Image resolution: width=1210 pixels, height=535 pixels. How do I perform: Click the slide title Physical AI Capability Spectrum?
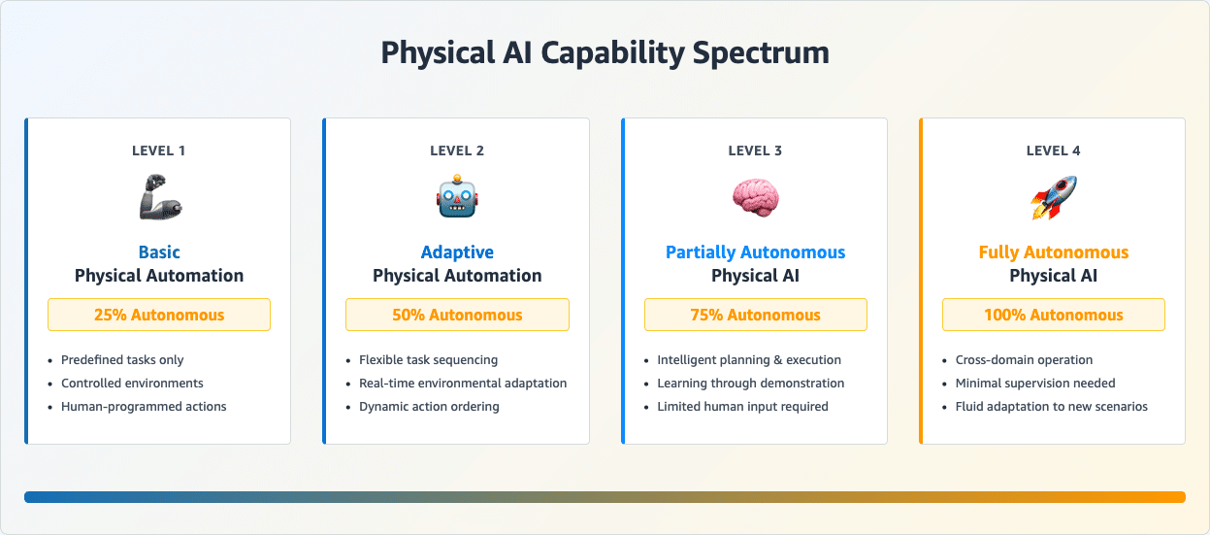click(x=605, y=53)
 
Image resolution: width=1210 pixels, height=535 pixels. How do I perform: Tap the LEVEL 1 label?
click(x=159, y=150)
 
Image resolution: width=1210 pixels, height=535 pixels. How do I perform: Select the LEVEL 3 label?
click(x=755, y=150)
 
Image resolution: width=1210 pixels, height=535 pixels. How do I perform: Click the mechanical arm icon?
click(x=160, y=197)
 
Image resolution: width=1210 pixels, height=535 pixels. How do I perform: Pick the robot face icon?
click(x=457, y=197)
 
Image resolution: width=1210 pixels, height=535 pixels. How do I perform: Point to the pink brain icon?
click(x=755, y=198)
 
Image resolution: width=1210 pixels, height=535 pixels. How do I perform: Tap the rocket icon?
click(x=1054, y=198)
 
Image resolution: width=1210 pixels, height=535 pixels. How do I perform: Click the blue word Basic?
click(x=159, y=252)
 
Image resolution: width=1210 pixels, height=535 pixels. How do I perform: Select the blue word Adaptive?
click(x=457, y=252)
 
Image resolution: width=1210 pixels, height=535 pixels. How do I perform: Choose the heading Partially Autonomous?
click(x=755, y=252)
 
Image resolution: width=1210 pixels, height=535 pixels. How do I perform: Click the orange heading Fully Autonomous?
click(x=1054, y=252)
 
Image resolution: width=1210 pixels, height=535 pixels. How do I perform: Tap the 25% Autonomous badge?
click(x=159, y=315)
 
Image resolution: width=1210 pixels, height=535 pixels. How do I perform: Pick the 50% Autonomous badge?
click(x=457, y=315)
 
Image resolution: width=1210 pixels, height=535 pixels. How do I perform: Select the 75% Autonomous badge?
click(x=755, y=315)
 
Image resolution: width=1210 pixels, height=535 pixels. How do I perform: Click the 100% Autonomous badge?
click(x=1054, y=315)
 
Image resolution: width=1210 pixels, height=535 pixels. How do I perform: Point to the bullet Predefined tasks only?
click(x=122, y=360)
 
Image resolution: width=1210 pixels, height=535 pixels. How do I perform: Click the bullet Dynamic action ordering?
click(x=429, y=407)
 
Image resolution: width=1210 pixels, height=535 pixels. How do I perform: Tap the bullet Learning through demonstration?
click(x=750, y=384)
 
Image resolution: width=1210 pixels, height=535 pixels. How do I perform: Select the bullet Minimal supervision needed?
click(x=1035, y=384)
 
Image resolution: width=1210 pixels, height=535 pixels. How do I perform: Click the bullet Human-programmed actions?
click(x=144, y=407)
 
